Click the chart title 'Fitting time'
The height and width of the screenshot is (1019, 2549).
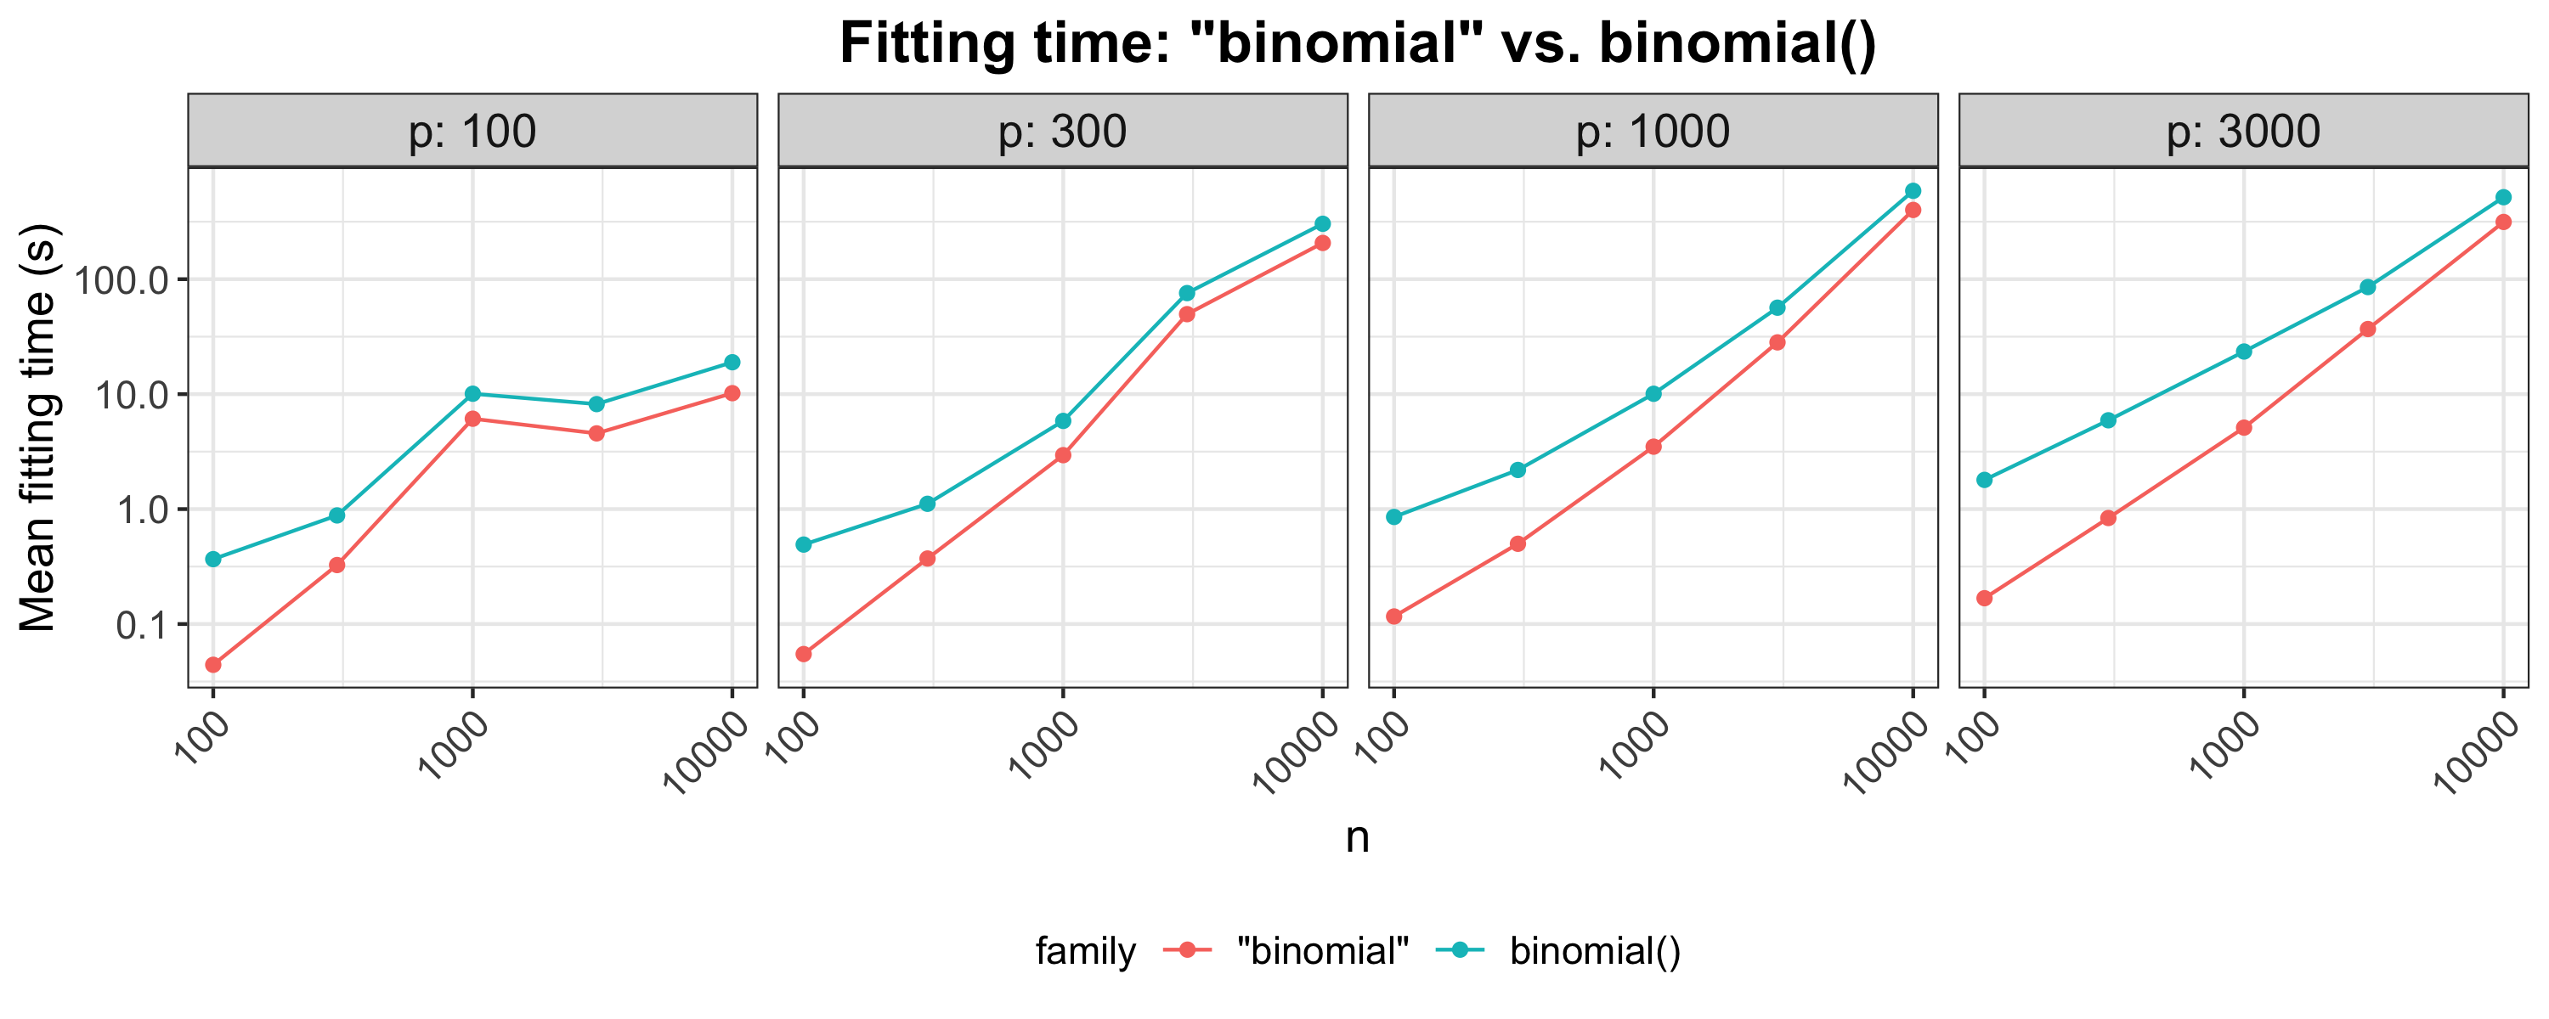click(x=1358, y=43)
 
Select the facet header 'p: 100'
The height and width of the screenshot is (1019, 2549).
click(x=472, y=132)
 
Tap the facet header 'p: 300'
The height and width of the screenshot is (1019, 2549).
click(x=1063, y=132)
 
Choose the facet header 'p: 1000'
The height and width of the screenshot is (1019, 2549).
click(x=1653, y=132)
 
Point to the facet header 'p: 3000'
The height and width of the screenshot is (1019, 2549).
click(x=2243, y=132)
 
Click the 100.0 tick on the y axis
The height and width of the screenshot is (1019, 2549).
click(x=136, y=280)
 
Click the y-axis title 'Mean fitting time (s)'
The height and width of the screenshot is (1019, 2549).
click(x=40, y=427)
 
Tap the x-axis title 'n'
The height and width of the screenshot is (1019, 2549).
click(x=1358, y=838)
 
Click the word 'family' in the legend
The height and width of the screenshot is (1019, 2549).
click(x=1086, y=951)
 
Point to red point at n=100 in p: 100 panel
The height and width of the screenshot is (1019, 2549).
click(x=212, y=665)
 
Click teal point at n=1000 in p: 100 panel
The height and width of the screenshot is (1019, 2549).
click(x=472, y=394)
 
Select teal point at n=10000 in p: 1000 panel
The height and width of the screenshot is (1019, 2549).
click(x=1913, y=191)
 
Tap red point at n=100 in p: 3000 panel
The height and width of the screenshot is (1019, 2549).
click(x=1984, y=599)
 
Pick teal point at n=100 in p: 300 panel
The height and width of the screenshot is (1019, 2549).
click(x=804, y=545)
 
